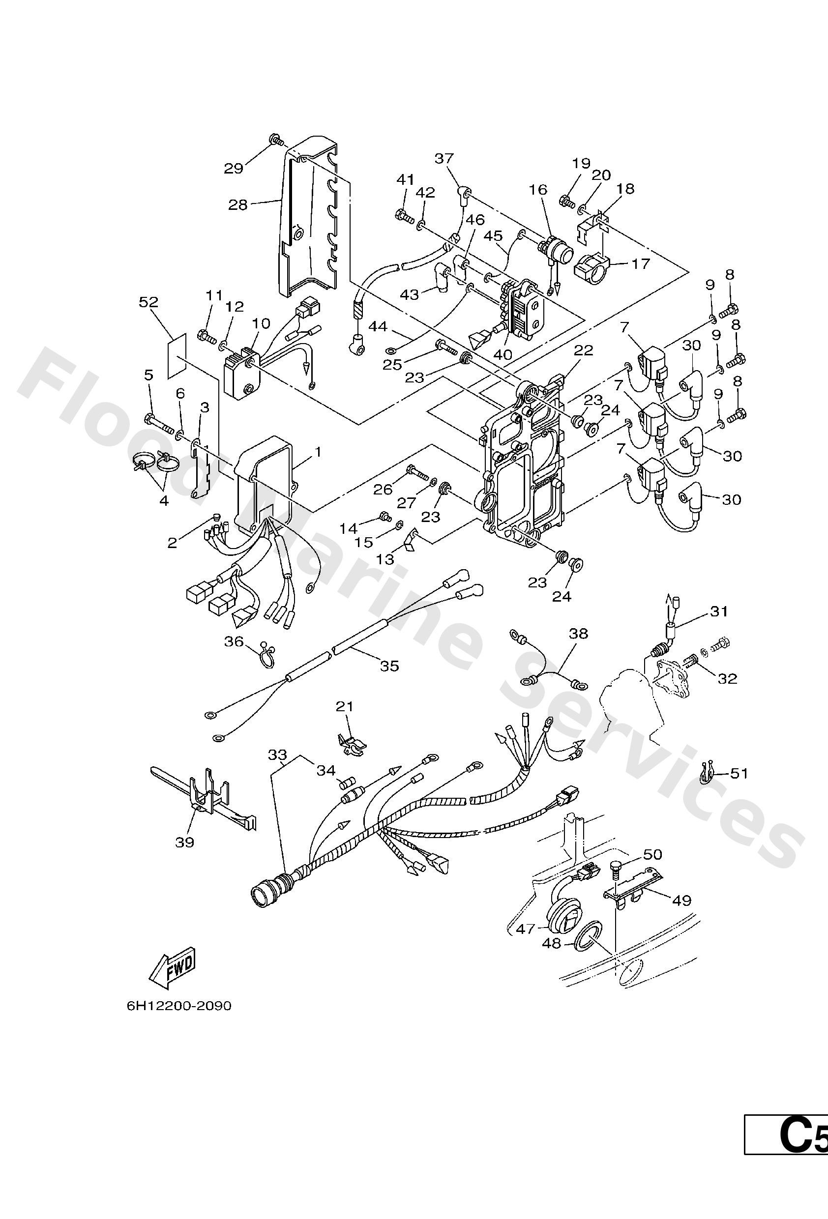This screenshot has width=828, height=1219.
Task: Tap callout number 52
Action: (148, 302)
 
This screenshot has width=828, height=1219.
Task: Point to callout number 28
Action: (237, 204)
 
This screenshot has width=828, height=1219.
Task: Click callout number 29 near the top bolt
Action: (234, 168)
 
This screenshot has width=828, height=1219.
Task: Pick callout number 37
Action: (444, 158)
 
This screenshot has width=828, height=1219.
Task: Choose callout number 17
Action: (640, 263)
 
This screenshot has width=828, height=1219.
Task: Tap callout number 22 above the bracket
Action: (583, 350)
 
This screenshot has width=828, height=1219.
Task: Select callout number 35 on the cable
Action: (389, 666)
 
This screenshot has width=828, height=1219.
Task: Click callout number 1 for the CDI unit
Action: (318, 452)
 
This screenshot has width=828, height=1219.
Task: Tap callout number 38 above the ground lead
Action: (578, 634)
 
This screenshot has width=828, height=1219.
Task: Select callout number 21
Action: (345, 706)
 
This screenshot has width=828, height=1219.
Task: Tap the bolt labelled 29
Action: (276, 140)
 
